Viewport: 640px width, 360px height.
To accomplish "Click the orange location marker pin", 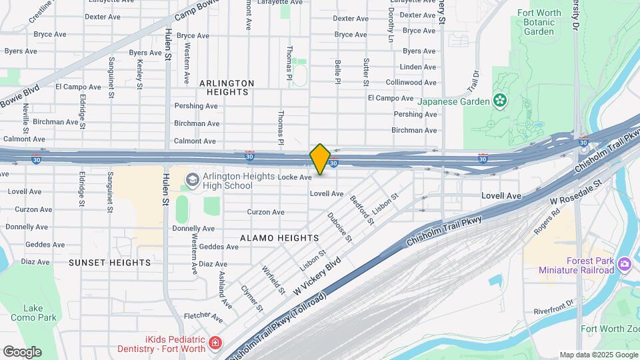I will tap(321, 159).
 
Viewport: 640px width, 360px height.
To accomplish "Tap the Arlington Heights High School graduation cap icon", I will tap(192, 179).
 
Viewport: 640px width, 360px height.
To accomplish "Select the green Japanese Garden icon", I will tap(499, 101).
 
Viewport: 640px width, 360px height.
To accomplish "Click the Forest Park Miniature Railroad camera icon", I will tap(625, 264).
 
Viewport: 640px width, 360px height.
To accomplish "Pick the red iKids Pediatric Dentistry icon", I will tap(215, 343).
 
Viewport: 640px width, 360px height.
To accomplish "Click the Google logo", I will tap(22, 352).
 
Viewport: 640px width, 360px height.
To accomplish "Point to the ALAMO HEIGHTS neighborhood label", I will tap(280, 238).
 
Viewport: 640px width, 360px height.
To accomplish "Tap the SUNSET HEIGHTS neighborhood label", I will tap(110, 263).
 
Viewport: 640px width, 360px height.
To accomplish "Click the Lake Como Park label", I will tap(39, 313).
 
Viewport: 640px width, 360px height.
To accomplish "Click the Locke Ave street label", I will tap(295, 177).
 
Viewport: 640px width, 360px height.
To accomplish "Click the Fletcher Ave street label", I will tap(203, 315).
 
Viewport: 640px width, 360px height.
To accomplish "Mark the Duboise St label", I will tap(340, 227).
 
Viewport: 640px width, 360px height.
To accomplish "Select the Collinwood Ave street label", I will tap(411, 82).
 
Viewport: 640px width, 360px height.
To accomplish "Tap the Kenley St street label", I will tap(139, 73).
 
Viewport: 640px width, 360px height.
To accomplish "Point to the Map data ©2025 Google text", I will tap(598, 355).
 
